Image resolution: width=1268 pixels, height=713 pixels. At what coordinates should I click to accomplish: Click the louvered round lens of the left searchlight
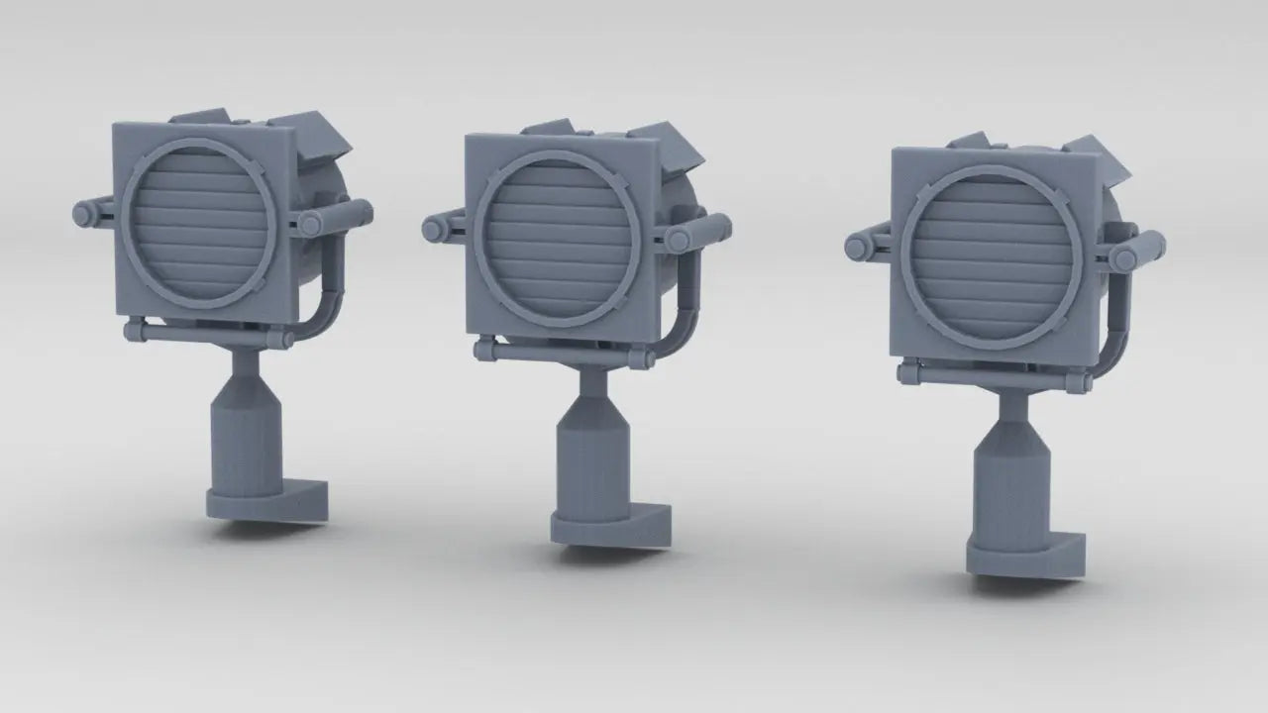pos(199,224)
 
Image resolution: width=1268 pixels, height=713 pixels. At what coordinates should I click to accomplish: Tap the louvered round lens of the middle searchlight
pos(555,239)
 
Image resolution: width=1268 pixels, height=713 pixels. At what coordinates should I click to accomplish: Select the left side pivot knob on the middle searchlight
pos(433,230)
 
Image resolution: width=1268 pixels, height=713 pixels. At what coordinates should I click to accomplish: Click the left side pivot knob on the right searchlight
pos(858,247)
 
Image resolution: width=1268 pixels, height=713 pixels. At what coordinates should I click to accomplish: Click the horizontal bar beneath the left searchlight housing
pos(208,335)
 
